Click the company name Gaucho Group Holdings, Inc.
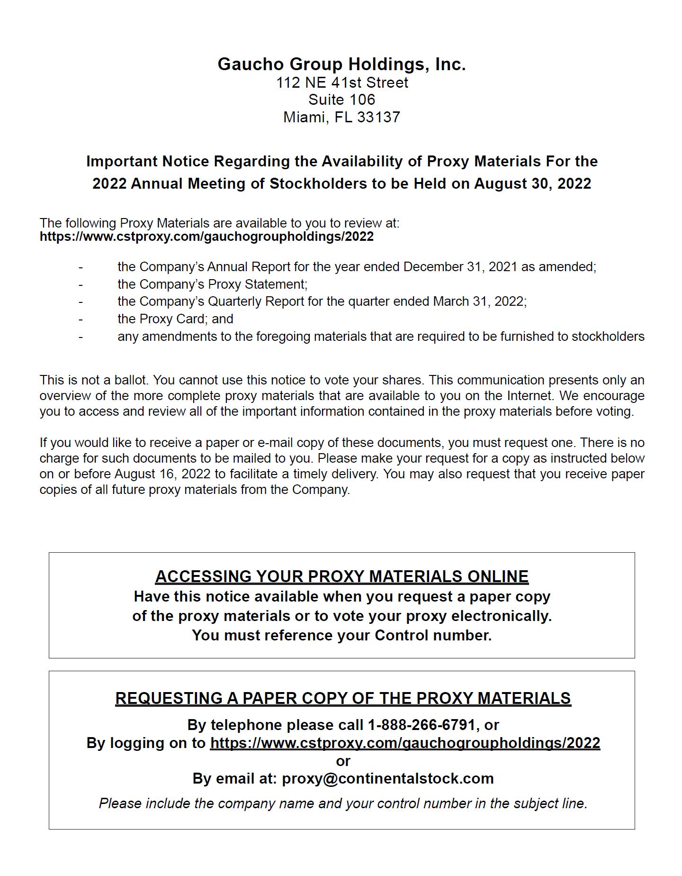pyautogui.click(x=341, y=64)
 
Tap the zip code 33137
pyautogui.click(x=378, y=117)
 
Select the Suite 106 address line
pyautogui.click(x=341, y=100)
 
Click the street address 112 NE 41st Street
pyautogui.click(x=341, y=82)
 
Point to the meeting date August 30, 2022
pyautogui.click(x=532, y=183)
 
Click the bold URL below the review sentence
pyautogui.click(x=206, y=237)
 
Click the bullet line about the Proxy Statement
pyautogui.click(x=213, y=284)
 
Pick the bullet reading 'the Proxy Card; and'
pyautogui.click(x=175, y=319)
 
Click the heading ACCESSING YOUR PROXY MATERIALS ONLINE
pyautogui.click(x=341, y=576)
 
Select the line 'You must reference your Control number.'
pyautogui.click(x=341, y=635)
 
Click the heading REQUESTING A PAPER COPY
pyautogui.click(x=343, y=698)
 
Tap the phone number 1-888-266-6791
pyautogui.click(x=421, y=725)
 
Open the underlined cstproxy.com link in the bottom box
pyautogui.click(x=405, y=743)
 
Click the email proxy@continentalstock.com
pyautogui.click(x=387, y=778)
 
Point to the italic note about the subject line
pyautogui.click(x=343, y=803)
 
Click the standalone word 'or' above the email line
pyautogui.click(x=343, y=761)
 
